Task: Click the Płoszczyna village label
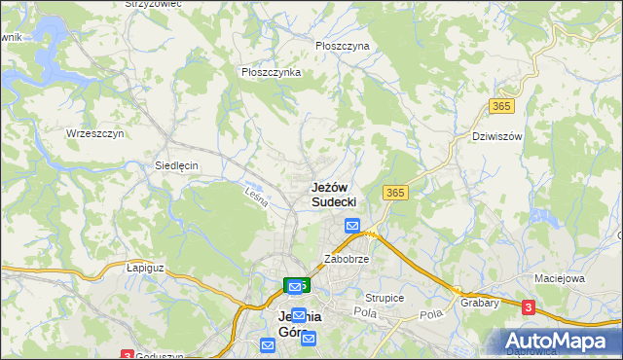[343, 46]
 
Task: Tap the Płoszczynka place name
[272, 72]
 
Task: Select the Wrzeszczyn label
[94, 133]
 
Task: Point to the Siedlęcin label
[177, 165]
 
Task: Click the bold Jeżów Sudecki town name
[334, 194]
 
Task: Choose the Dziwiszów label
[496, 136]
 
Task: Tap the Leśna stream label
[256, 197]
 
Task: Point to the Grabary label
[480, 303]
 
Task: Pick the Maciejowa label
[559, 279]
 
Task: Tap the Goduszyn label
[161, 356]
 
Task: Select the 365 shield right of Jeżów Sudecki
[394, 193]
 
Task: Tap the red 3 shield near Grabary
[528, 307]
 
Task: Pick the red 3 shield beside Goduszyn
[127, 355]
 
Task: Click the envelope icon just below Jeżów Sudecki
[352, 227]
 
